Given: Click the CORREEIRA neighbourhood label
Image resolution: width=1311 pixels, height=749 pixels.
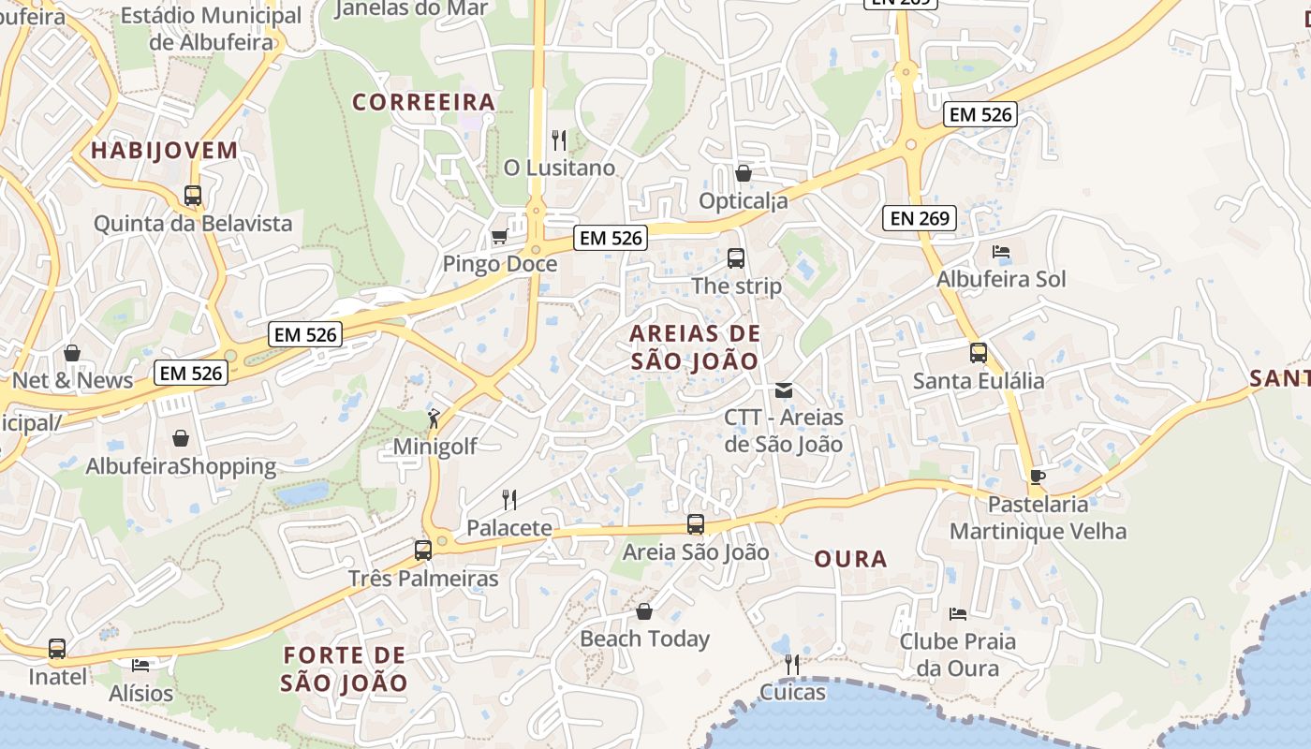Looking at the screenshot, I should tap(423, 102).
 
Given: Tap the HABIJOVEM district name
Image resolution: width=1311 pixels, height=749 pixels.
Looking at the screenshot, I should tap(164, 150).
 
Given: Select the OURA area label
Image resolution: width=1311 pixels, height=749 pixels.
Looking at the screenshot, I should tap(849, 559).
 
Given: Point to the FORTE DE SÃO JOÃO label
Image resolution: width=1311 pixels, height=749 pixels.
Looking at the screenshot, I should tap(345, 668).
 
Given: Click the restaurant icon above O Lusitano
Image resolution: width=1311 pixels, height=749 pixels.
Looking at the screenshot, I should tap(559, 140).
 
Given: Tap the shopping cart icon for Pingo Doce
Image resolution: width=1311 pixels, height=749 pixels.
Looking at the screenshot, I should tap(499, 236).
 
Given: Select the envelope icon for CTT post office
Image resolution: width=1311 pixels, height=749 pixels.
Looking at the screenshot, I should tap(783, 389).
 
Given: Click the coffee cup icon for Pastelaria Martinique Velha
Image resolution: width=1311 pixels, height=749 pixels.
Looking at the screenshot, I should tap(1037, 477).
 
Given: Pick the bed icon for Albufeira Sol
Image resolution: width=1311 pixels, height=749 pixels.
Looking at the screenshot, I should tap(1000, 252).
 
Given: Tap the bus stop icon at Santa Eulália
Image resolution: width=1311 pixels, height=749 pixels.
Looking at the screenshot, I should tap(978, 353).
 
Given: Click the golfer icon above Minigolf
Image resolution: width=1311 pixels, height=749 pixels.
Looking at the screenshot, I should tap(434, 418).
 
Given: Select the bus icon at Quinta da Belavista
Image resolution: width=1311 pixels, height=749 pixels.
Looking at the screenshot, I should tap(193, 196).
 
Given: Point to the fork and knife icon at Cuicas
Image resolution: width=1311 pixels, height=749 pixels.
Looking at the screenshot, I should tap(792, 665).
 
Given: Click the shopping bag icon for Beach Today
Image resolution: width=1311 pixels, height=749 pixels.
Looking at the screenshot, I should tap(644, 611).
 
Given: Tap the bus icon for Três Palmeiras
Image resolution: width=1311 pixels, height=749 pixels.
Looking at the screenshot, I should tap(423, 551).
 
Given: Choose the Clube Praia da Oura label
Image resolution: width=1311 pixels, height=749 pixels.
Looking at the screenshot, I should tap(957, 654).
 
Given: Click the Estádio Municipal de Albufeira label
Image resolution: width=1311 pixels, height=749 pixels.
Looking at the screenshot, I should tap(212, 28).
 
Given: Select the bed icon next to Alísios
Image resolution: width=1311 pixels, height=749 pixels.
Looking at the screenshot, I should tap(140, 665).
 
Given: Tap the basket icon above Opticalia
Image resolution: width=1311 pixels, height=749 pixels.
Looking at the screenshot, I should tap(744, 173).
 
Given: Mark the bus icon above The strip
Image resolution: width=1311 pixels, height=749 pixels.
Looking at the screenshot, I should tap(736, 257).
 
